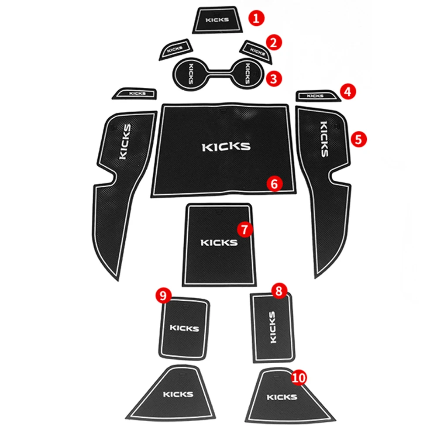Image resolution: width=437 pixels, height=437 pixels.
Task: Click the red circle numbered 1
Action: [x=256, y=18]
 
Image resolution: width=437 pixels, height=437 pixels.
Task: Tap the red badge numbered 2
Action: [x=274, y=42]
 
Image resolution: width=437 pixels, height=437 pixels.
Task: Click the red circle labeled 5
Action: [x=358, y=139]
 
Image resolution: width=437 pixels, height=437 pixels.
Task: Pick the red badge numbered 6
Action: [x=274, y=184]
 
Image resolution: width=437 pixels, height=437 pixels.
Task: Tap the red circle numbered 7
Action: [x=244, y=229]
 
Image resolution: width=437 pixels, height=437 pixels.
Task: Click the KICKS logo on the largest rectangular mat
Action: [x=226, y=147]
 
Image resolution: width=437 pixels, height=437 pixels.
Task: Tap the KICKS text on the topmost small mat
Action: [x=217, y=20]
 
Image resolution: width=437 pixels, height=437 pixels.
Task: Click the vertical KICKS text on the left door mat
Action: [x=124, y=141]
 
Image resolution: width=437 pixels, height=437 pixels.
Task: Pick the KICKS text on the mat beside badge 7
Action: [x=219, y=243]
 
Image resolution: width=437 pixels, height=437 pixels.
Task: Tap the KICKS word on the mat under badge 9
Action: [x=184, y=328]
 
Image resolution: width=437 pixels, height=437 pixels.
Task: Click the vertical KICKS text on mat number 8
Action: [x=272, y=327]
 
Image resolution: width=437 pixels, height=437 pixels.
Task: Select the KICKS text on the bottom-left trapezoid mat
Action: [x=178, y=394]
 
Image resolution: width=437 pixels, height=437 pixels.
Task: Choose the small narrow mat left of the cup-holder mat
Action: [x=134, y=93]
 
